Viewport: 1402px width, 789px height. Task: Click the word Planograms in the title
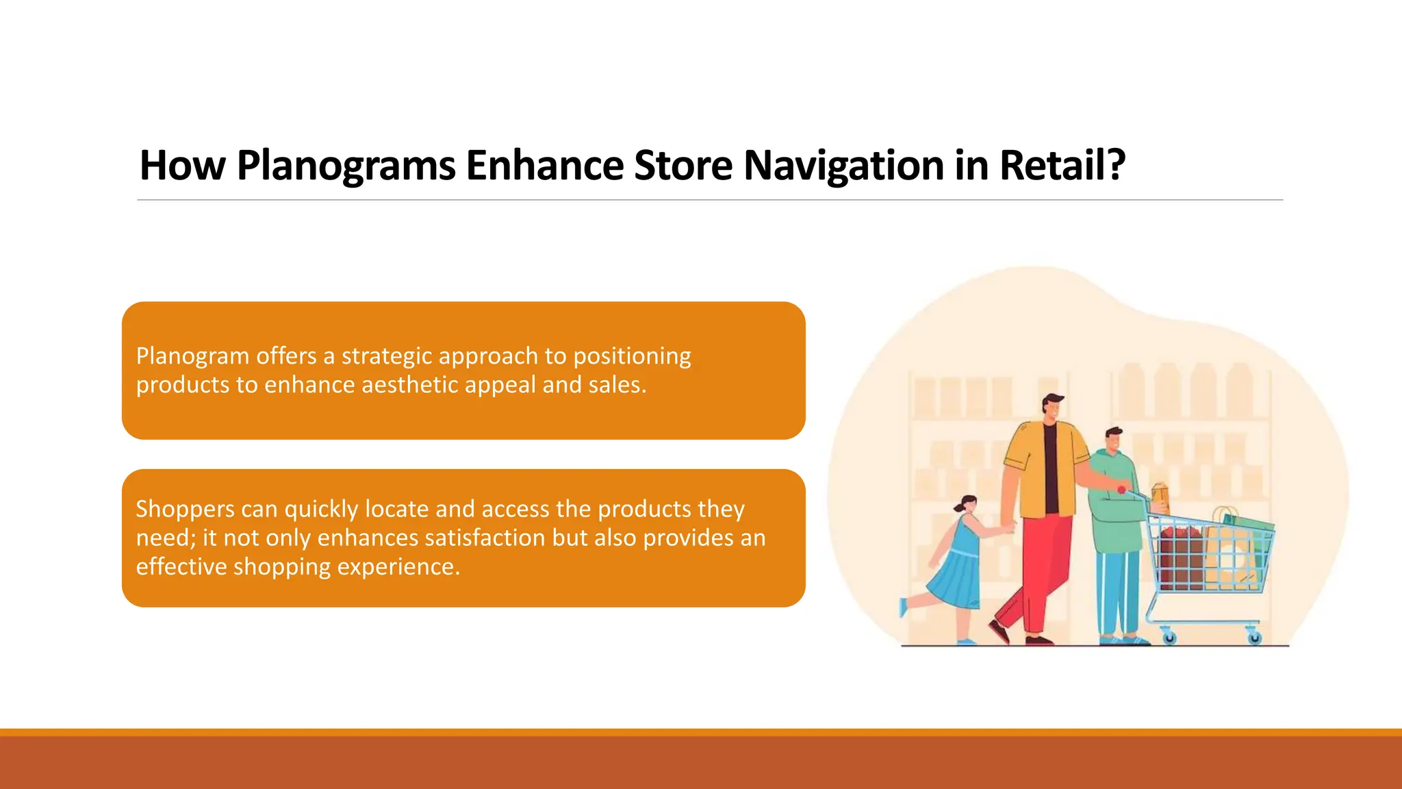tap(346, 166)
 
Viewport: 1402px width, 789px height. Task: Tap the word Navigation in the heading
tap(843, 166)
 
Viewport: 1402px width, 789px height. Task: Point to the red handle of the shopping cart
tap(1123, 490)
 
